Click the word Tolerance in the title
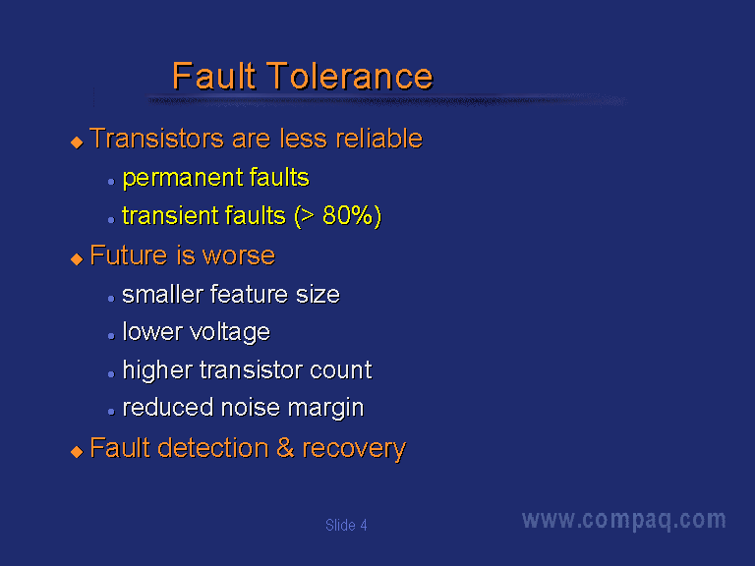coord(350,76)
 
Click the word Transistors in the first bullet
coord(156,139)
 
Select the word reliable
coord(378,139)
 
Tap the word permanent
coord(182,179)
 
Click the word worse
coord(238,256)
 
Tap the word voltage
coord(230,332)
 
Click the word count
coord(340,370)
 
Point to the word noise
coord(250,408)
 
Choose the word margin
coord(325,409)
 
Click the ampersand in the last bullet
coord(285,448)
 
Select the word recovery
coord(354,449)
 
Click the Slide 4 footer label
coord(346,525)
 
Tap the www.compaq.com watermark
coord(624,520)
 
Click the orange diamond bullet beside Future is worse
coord(77,259)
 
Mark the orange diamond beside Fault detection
coord(77,451)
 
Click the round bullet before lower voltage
coord(111,336)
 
